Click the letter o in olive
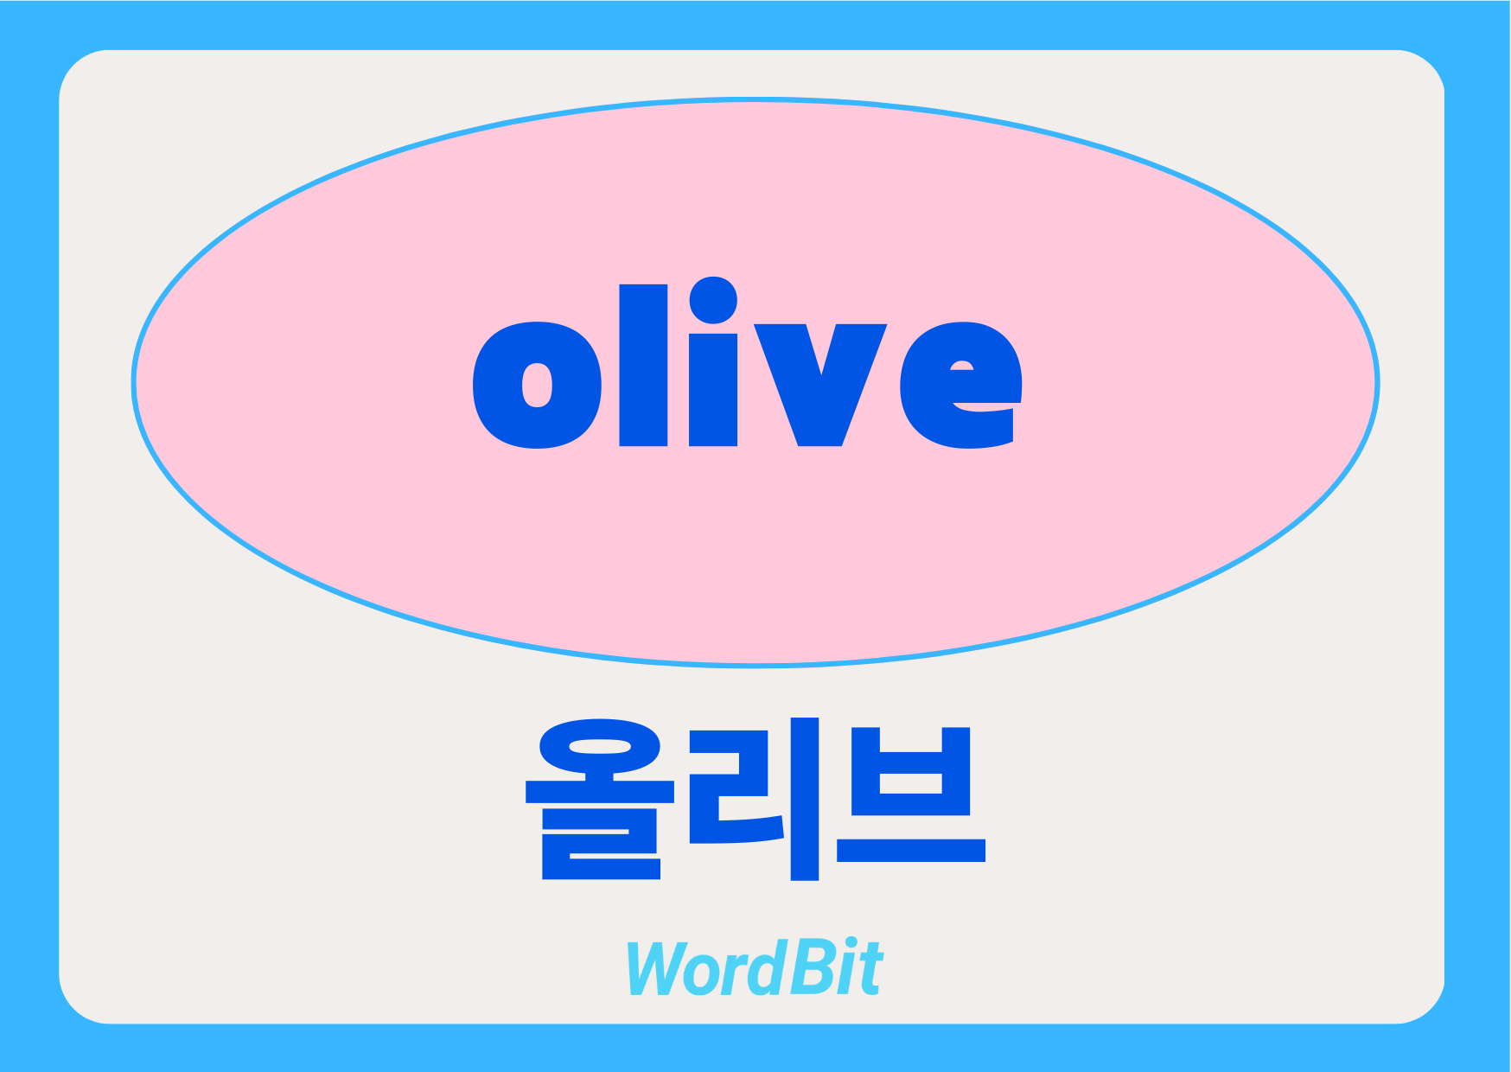pyautogui.click(x=538, y=386)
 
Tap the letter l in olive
pyautogui.click(x=643, y=365)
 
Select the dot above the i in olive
pyautogui.click(x=713, y=300)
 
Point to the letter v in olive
pyautogui.click(x=820, y=386)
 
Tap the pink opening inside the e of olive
pyautogui.click(x=962, y=366)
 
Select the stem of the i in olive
pyautogui.click(x=713, y=390)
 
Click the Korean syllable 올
pyautogui.click(x=600, y=799)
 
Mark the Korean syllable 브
pyautogui.click(x=911, y=794)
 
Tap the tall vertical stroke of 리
pyautogui.click(x=805, y=799)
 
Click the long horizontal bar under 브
pyautogui.click(x=911, y=851)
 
